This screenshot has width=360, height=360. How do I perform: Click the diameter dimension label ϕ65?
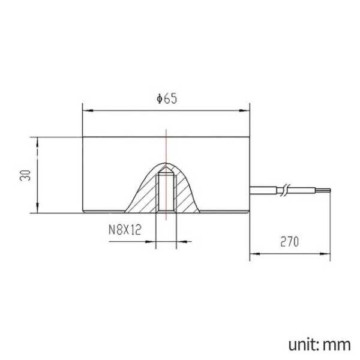pos(167,99)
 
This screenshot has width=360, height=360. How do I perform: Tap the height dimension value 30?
pos(25,175)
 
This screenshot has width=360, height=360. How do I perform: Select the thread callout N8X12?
pos(125,230)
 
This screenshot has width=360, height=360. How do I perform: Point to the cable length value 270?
pos(290,242)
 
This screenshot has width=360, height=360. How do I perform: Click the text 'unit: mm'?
pos(319,345)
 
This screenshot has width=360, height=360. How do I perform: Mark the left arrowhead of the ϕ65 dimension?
pos(88,110)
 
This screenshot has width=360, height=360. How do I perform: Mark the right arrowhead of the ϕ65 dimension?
pos(244,110)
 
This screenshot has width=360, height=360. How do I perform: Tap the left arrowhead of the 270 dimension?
pos(255,254)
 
